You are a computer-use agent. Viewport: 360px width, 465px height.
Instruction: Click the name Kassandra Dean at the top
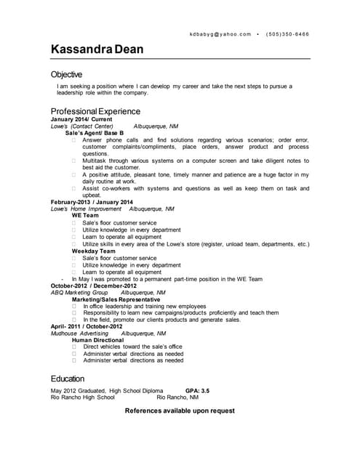(x=97, y=49)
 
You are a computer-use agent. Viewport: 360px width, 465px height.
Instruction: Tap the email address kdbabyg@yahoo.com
(x=220, y=34)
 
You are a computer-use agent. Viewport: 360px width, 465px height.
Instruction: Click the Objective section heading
(x=66, y=74)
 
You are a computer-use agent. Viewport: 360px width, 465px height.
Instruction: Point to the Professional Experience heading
(x=95, y=111)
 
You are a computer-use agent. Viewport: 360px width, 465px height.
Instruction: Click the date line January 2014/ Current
(x=81, y=119)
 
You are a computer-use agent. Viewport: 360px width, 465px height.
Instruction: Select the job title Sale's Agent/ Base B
(x=95, y=133)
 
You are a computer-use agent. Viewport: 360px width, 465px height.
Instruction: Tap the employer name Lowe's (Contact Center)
(x=81, y=126)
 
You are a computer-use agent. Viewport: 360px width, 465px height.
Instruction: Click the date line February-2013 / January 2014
(x=92, y=201)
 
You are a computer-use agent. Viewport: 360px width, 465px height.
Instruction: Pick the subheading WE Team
(x=85, y=216)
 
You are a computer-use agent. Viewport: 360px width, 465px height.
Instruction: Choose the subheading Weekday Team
(x=93, y=251)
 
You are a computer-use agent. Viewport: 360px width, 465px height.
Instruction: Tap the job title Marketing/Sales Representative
(x=116, y=299)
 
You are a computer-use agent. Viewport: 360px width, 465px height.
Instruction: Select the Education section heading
(x=68, y=379)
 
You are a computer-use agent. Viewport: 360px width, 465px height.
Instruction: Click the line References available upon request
(x=180, y=411)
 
